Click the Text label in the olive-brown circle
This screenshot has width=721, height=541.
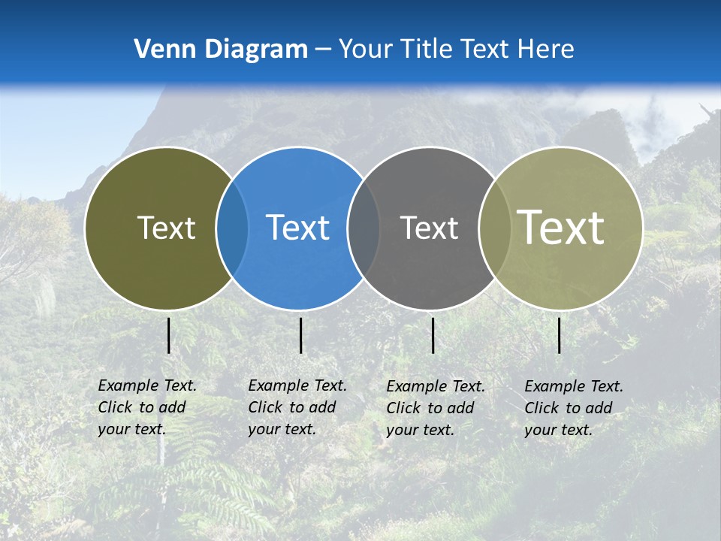click(166, 228)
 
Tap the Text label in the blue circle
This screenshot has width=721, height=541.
click(297, 228)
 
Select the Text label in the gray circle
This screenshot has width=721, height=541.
click(429, 228)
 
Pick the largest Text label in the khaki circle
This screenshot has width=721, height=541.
click(561, 227)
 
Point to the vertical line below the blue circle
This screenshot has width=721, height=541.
click(300, 335)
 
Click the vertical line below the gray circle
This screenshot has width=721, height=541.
click(433, 335)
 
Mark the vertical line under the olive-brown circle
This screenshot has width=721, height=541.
click(168, 335)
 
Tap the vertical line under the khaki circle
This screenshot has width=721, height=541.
click(559, 335)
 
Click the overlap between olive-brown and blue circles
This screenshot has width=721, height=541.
click(232, 228)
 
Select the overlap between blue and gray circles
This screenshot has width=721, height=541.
click(364, 228)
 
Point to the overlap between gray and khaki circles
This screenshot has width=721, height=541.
click(494, 228)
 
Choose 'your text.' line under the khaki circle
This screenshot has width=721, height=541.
click(558, 430)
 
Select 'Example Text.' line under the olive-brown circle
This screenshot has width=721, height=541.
click(147, 385)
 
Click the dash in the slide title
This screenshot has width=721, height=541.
click(323, 50)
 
